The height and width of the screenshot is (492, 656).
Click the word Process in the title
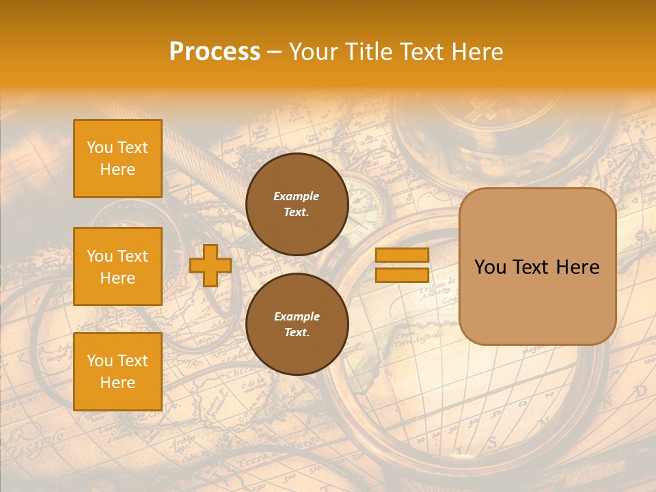click(x=215, y=52)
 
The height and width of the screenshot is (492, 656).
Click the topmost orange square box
click(x=118, y=159)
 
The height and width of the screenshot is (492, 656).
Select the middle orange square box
click(x=118, y=266)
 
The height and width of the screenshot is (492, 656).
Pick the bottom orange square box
click(x=118, y=372)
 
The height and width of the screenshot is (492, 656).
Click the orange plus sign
click(x=210, y=266)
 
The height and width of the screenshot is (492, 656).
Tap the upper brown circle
click(x=297, y=204)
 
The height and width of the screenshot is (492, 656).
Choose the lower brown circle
click(x=297, y=325)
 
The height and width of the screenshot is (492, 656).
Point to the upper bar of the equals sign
click(x=402, y=256)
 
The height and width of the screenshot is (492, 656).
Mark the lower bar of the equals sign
click(x=402, y=275)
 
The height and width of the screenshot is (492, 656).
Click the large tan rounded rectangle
click(x=537, y=266)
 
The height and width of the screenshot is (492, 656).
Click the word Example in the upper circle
click(x=296, y=196)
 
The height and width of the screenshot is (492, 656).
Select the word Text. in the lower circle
click(x=296, y=333)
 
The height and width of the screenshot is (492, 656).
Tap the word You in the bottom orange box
click(x=100, y=361)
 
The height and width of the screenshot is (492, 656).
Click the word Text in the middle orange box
click(x=132, y=256)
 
